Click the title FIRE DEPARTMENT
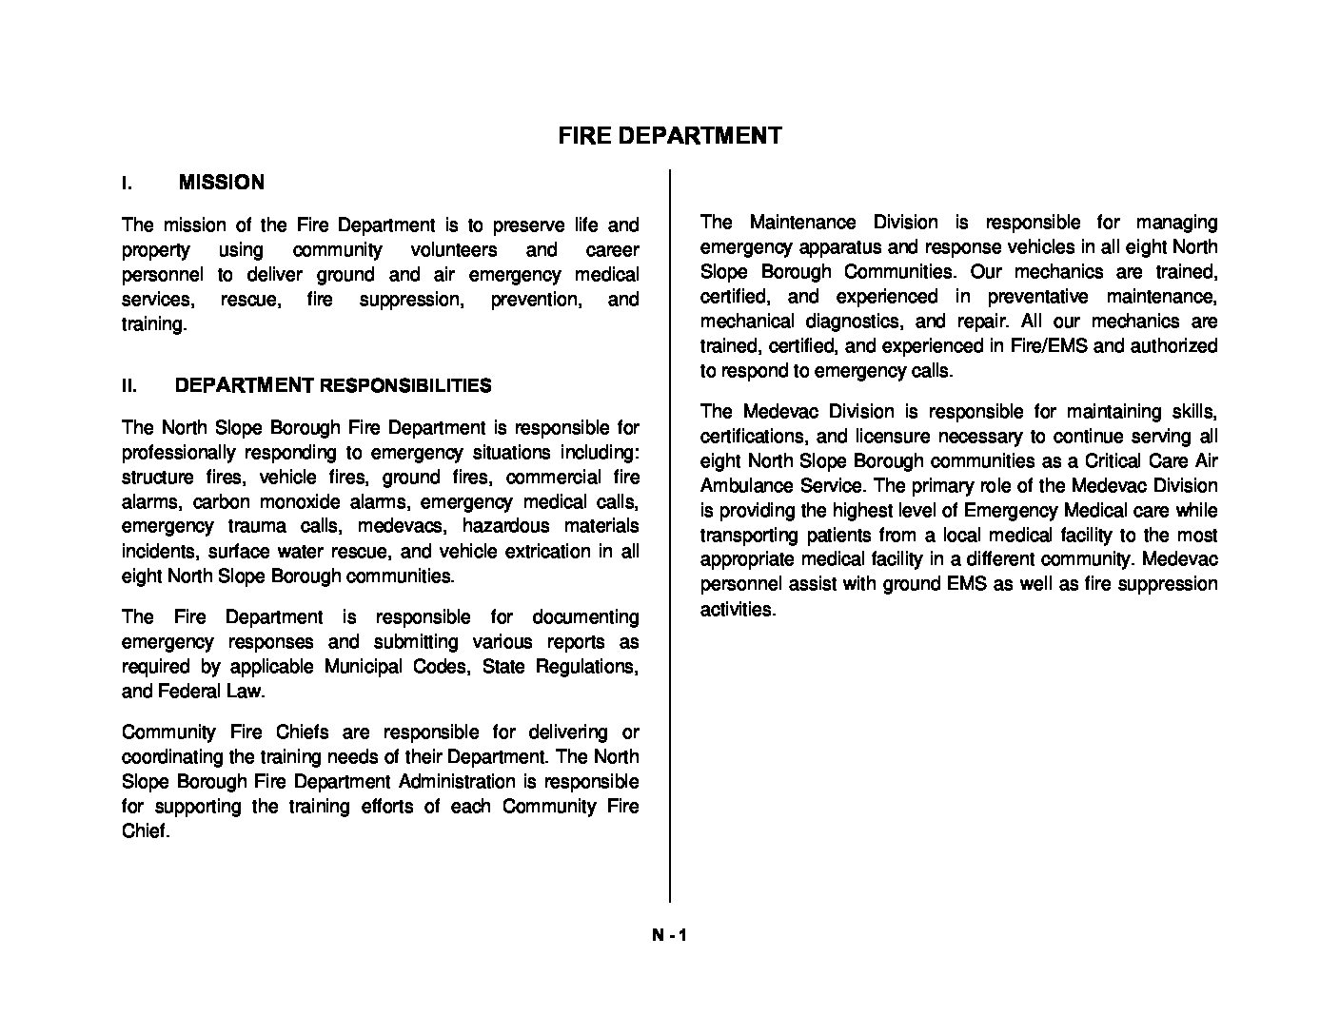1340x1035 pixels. coord(669,136)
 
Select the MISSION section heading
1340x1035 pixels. coord(221,183)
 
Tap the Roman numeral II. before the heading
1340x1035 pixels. coord(129,386)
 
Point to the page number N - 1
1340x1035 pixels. coord(669,935)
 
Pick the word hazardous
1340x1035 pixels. coord(505,527)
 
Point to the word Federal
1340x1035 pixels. coord(188,692)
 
